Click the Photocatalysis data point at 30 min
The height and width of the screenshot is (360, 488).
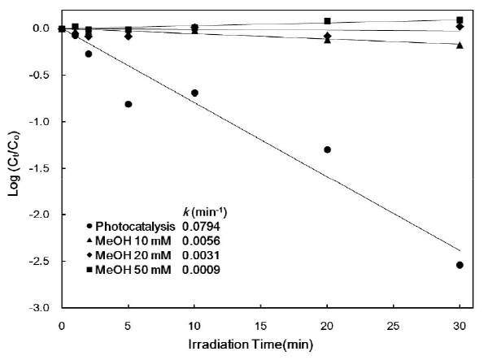coord(460,265)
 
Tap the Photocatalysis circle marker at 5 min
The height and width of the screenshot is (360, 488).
coord(129,104)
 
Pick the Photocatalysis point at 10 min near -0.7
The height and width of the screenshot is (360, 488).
coord(194,93)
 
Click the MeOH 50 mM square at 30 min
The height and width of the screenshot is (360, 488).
coord(460,20)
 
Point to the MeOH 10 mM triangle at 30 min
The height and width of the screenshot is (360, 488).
coord(460,45)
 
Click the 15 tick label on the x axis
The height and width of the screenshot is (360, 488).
coord(260,325)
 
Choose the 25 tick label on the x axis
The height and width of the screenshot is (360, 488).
coord(393,325)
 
